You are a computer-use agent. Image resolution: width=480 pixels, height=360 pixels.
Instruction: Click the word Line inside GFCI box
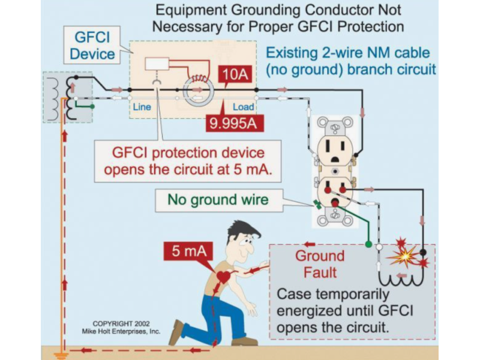click(x=142, y=107)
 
